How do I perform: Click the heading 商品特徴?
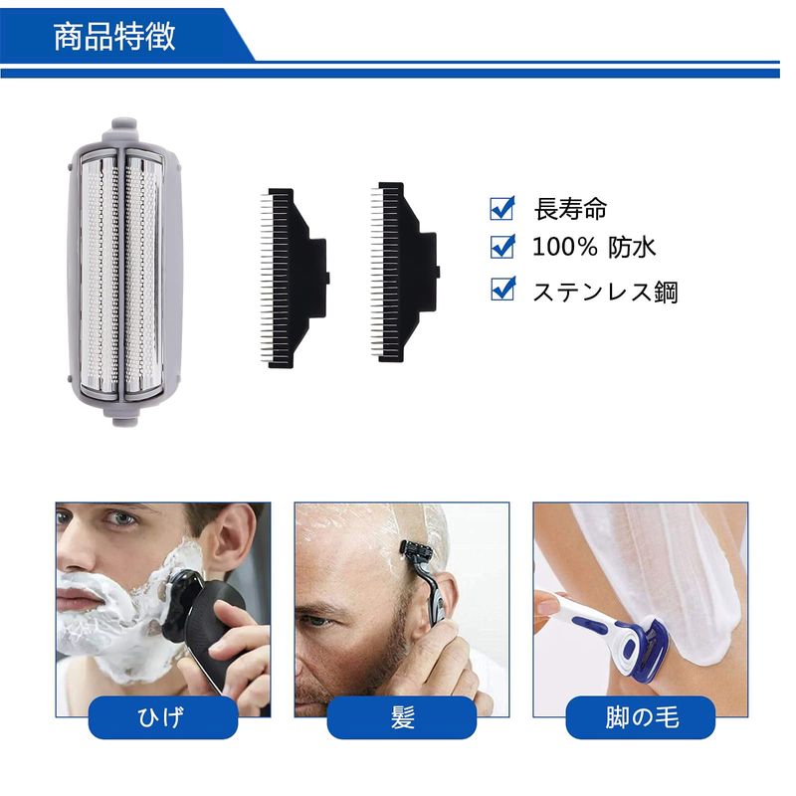(x=114, y=36)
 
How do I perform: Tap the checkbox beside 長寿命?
(x=502, y=208)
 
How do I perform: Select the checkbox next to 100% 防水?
(x=502, y=247)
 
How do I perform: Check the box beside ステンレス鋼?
(x=503, y=289)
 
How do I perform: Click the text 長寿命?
(x=570, y=209)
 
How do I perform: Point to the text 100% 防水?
(x=594, y=247)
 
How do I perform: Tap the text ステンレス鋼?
(x=605, y=292)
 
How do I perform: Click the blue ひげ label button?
(x=163, y=717)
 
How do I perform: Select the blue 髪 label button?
(x=402, y=717)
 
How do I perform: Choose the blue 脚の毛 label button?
(x=641, y=717)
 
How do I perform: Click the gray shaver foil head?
(x=123, y=273)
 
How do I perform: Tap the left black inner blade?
(x=295, y=278)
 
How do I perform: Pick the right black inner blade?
(x=405, y=273)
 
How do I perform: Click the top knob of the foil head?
(x=123, y=125)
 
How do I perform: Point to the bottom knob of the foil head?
(x=123, y=419)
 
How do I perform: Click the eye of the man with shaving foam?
(x=120, y=518)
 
